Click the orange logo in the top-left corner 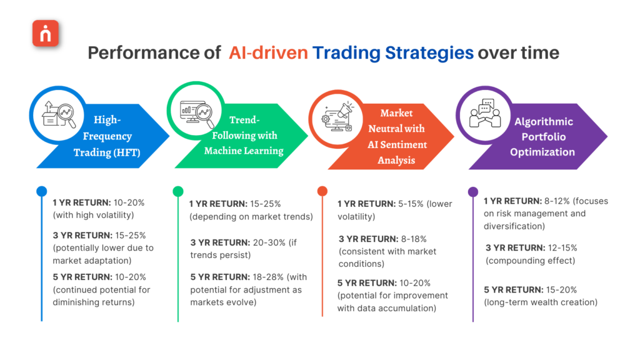point(46,34)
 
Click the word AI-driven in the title point(268,52)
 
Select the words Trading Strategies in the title point(393,52)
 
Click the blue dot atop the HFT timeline point(41,191)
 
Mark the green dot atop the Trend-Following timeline point(178,191)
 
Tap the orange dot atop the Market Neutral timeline point(322,191)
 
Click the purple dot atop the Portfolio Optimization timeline point(473,191)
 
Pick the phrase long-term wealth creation point(541,302)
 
